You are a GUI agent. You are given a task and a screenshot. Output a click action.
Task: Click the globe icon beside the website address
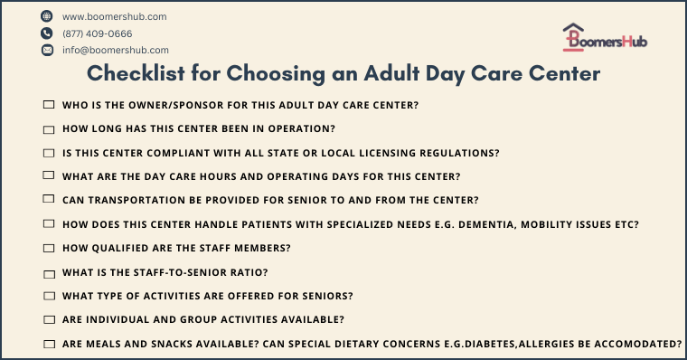pyautogui.click(x=47, y=16)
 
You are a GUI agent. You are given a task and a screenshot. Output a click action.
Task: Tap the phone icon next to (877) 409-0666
pyautogui.click(x=47, y=33)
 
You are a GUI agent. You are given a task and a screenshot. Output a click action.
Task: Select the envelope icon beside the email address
pyautogui.click(x=47, y=51)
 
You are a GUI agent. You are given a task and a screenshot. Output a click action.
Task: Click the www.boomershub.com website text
pyautogui.click(x=114, y=16)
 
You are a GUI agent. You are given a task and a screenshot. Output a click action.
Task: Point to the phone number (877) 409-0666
pyautogui.click(x=97, y=33)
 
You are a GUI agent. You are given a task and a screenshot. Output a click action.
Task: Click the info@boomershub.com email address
pyautogui.click(x=116, y=51)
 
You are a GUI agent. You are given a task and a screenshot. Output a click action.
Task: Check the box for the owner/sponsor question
pyautogui.click(x=49, y=105)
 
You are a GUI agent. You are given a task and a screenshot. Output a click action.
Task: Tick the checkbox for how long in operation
pyautogui.click(x=49, y=128)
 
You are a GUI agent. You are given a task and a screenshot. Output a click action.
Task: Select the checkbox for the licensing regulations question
pyautogui.click(x=49, y=153)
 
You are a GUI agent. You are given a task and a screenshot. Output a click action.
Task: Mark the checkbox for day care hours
pyautogui.click(x=49, y=176)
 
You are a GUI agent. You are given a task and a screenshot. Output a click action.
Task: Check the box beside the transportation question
pyautogui.click(x=49, y=200)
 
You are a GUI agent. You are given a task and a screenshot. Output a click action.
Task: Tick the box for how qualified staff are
pyautogui.click(x=49, y=248)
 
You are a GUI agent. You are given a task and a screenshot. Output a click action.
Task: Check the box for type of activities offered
pyautogui.click(x=49, y=296)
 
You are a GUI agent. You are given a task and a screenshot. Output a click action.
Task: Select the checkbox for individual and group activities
pyautogui.click(x=49, y=319)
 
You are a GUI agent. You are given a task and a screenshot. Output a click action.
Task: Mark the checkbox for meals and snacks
pyautogui.click(x=49, y=344)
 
